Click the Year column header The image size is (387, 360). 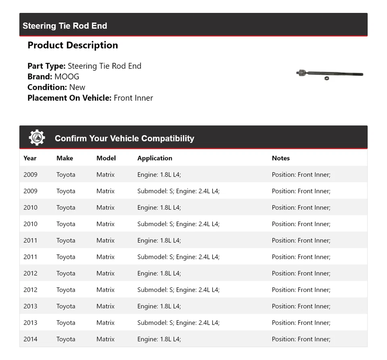(x=30, y=158)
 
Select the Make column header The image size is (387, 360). (x=64, y=158)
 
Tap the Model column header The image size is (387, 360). (x=106, y=158)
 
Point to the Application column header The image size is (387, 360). (x=154, y=158)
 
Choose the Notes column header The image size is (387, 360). (x=281, y=158)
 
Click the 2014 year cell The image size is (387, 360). (x=30, y=339)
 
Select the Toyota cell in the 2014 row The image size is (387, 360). (x=66, y=339)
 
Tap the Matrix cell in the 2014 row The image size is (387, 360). (x=105, y=339)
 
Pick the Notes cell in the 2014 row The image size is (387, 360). (x=301, y=339)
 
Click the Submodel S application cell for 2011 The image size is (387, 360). (x=178, y=257)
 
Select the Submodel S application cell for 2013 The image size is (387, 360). (x=178, y=323)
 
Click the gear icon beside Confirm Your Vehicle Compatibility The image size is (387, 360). (x=37, y=138)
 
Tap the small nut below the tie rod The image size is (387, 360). (x=327, y=78)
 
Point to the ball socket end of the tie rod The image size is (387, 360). (x=300, y=73)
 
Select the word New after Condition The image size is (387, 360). (x=77, y=87)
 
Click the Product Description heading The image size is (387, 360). (x=73, y=45)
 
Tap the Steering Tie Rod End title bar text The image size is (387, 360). (x=64, y=26)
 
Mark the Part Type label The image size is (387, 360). (x=46, y=66)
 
